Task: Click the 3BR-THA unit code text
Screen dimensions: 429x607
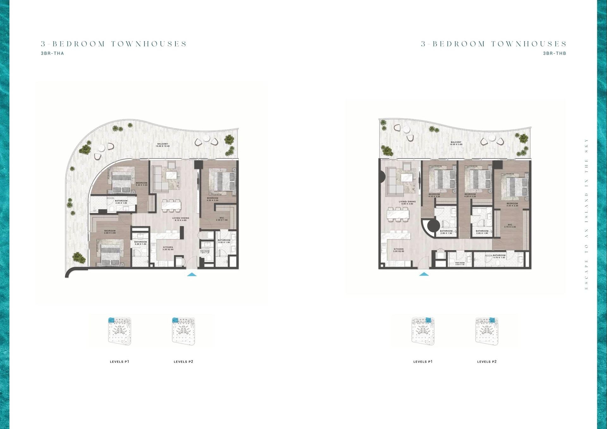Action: (x=52, y=53)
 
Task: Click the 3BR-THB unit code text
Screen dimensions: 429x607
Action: (x=555, y=53)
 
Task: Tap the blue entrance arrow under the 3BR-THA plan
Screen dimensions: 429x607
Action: (x=192, y=275)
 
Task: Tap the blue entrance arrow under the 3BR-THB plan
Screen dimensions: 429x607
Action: (x=424, y=274)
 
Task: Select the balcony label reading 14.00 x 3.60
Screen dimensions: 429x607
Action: (x=456, y=143)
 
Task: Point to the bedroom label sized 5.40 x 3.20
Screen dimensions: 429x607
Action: (x=141, y=184)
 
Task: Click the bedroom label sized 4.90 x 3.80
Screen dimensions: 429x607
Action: (x=110, y=232)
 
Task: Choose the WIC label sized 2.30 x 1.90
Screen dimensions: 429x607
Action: (x=222, y=219)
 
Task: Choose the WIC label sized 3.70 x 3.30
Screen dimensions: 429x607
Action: (x=510, y=226)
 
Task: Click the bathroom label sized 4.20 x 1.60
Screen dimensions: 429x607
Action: (x=121, y=202)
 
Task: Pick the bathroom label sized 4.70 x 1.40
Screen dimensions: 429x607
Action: (x=499, y=256)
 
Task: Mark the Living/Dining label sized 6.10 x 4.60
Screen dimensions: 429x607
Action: (x=181, y=219)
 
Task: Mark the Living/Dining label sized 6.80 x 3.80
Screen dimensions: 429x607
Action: (x=407, y=202)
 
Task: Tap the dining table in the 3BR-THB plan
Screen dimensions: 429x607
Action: (x=398, y=215)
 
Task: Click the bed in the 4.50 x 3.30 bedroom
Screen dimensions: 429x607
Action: (x=517, y=187)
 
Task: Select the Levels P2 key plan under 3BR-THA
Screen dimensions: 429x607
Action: (x=183, y=331)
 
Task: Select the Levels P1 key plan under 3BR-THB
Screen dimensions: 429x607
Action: (x=423, y=331)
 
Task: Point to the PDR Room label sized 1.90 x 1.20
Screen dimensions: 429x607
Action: (x=205, y=252)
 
